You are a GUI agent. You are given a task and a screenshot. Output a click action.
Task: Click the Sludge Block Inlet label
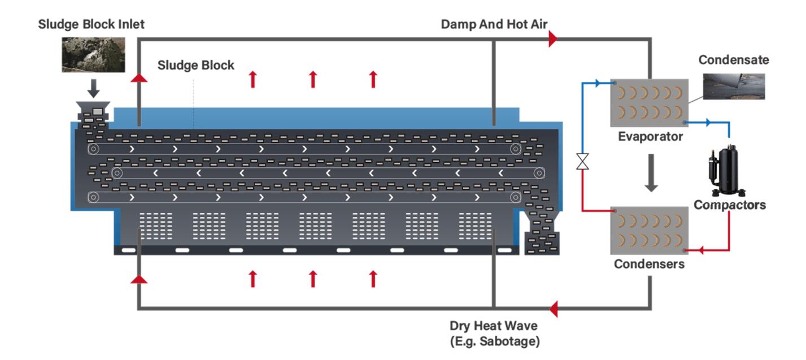point(92,25)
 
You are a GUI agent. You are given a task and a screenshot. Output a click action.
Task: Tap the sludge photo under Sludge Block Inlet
point(93,54)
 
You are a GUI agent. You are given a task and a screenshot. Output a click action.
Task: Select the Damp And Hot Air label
point(494,24)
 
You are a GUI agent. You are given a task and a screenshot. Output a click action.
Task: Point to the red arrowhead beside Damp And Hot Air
point(552,39)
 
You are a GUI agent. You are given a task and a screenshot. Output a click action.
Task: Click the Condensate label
point(733,60)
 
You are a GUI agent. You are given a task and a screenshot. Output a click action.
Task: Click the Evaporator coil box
point(649,103)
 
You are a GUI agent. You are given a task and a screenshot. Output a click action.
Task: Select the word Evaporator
point(650,137)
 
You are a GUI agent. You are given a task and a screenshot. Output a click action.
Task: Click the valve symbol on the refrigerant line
point(582,163)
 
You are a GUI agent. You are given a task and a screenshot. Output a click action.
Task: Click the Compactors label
point(729,205)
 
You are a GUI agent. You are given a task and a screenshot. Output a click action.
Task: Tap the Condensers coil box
point(649,230)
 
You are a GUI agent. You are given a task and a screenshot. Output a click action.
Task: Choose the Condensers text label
point(649,264)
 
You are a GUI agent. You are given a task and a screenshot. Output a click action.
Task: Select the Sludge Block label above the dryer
point(195,65)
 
